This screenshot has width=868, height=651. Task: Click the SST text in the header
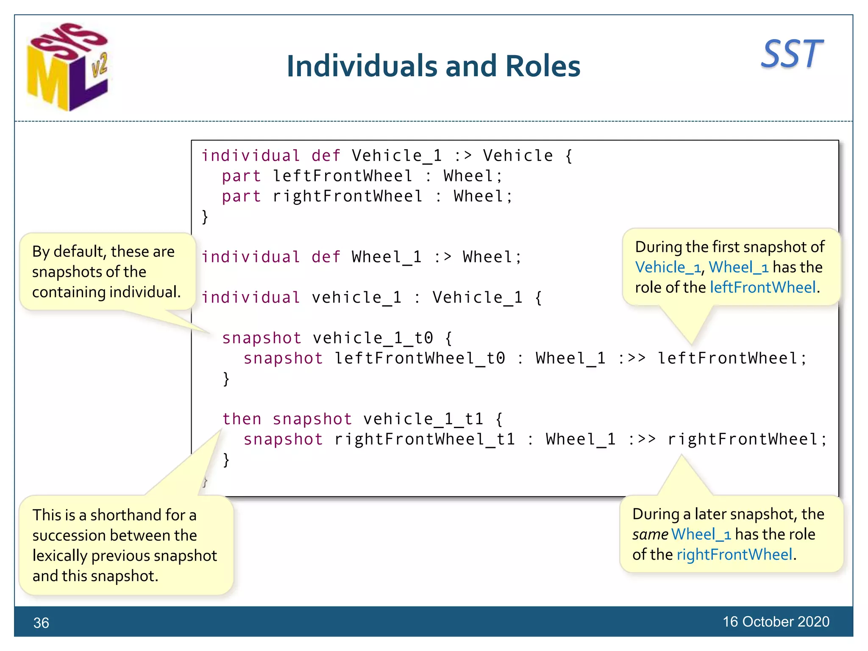pos(791,54)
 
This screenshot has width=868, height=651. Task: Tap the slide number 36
pos(41,623)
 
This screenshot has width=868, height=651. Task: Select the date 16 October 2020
pos(776,621)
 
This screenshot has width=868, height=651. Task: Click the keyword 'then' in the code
pos(242,419)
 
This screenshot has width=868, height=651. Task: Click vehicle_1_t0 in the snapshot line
pos(373,338)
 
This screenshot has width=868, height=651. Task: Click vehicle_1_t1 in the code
pos(423,419)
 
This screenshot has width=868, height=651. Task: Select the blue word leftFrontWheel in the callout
pos(762,287)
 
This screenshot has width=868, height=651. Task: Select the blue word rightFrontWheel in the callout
pos(734,554)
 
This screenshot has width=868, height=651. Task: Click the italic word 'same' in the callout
pos(650,534)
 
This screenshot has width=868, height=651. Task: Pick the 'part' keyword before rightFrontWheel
pos(241,197)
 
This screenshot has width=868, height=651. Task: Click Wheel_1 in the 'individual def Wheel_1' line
pos(387,257)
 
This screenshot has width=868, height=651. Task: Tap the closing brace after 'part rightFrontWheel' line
pos(205,217)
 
